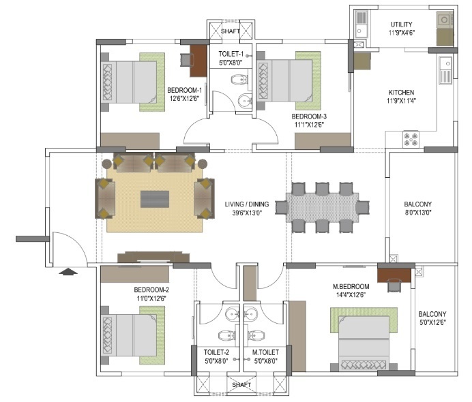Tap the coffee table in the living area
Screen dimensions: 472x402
coord(155,199)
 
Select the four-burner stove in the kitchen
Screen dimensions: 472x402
coord(411,139)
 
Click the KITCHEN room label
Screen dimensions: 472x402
coord(401,92)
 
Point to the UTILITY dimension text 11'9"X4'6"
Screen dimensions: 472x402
coord(402,33)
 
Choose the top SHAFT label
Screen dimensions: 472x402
coord(231,31)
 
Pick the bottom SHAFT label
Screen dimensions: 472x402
coord(241,384)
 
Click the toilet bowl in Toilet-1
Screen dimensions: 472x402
coord(239,80)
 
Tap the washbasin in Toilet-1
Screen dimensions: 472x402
coord(245,100)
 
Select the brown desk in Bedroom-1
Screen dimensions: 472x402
coord(198,61)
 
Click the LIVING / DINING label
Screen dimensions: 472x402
coord(247,204)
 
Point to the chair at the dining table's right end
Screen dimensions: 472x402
coord(363,207)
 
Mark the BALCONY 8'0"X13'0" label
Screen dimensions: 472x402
coord(418,208)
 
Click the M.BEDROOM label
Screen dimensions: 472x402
coord(351,287)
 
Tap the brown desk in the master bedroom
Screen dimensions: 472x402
coord(394,275)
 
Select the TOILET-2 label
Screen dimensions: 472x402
coord(216,352)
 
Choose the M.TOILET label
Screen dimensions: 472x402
coord(265,352)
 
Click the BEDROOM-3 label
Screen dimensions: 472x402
coord(309,117)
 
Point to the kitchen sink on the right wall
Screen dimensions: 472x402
coord(445,70)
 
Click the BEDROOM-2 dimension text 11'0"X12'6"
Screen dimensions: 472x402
coord(151,298)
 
